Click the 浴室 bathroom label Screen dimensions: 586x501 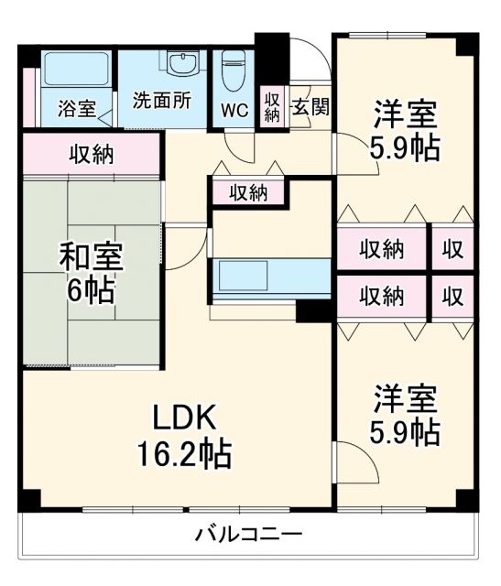[x=77, y=108]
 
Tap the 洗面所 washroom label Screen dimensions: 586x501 [x=161, y=100]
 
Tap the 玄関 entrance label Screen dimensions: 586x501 [x=310, y=106]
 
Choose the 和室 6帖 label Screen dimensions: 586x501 [x=88, y=273]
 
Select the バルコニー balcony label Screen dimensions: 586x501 [x=247, y=535]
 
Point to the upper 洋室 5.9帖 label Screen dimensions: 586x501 [x=404, y=131]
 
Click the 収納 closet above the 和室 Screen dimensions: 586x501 [x=92, y=154]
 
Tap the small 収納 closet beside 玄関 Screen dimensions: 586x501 [x=272, y=107]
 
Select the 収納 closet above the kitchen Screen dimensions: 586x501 [x=247, y=192]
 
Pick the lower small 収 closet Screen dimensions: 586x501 [x=453, y=296]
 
